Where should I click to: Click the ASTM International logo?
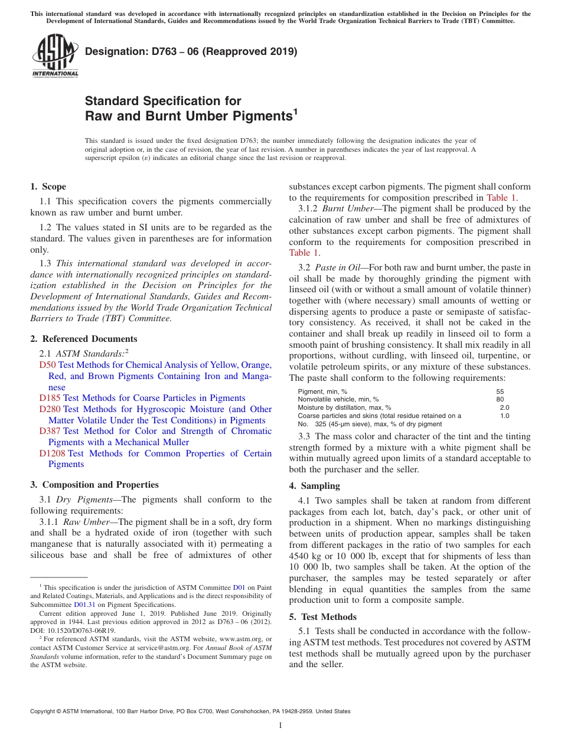tap(55, 56)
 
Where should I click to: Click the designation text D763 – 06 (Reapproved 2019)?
tap(191, 51)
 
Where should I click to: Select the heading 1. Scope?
tap(48, 187)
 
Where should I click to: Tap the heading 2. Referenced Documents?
tap(84, 339)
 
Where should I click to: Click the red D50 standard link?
tap(47, 365)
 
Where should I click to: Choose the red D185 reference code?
tap(50, 398)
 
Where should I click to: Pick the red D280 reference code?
tap(50, 409)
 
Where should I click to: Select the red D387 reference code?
tap(50, 431)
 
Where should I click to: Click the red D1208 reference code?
tap(52, 453)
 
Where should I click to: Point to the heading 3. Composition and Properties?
tap(94, 485)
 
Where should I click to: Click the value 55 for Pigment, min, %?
tap(500, 391)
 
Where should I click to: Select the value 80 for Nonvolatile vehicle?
tap(500, 399)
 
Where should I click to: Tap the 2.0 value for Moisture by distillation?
tap(504, 407)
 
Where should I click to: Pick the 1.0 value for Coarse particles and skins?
tap(504, 416)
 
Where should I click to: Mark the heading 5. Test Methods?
tap(322, 617)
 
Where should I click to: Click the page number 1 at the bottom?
tap(280, 725)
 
